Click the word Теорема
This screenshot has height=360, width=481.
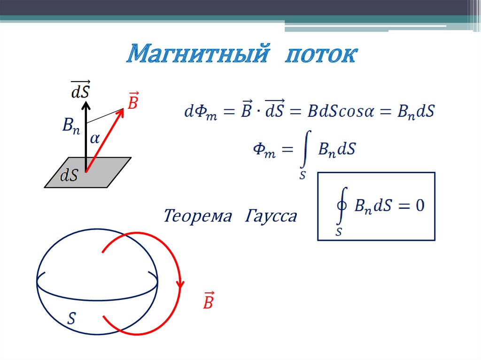coord(198,216)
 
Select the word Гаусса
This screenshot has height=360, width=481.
coord(271,216)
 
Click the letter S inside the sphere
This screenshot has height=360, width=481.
coord(71,319)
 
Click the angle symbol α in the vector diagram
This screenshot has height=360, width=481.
coord(95,138)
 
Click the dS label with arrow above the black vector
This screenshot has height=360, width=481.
coord(80,89)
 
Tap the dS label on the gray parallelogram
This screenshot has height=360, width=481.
coord(70,176)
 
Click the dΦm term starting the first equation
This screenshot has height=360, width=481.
coord(201,113)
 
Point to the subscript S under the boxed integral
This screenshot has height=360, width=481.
coord(339,231)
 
